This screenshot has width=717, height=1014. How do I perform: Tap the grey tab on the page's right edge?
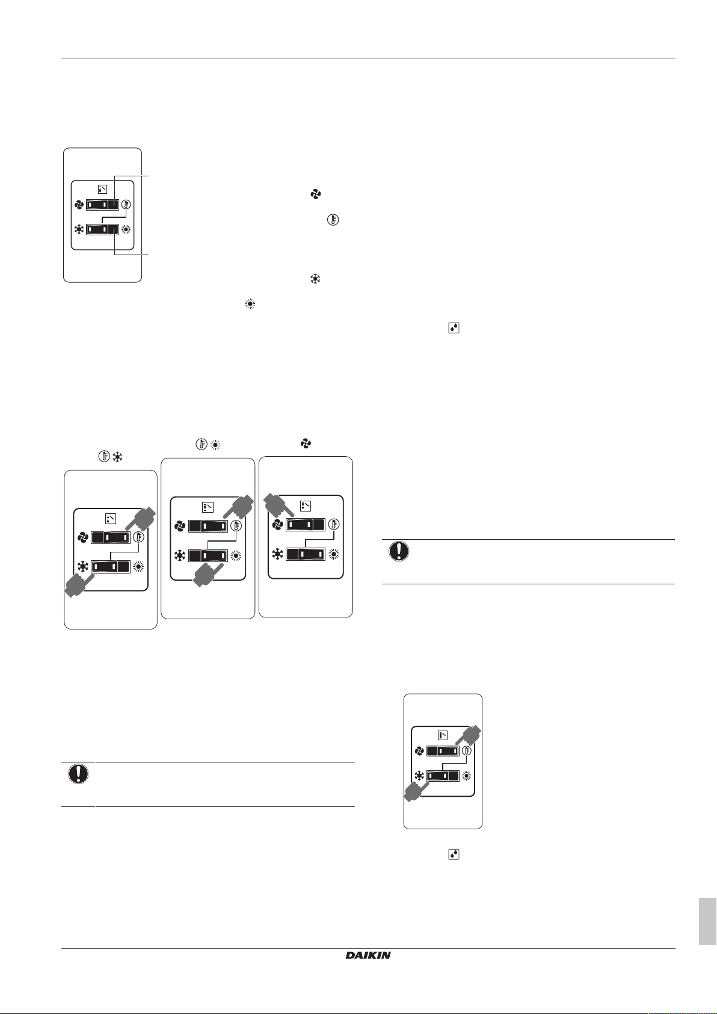point(707,922)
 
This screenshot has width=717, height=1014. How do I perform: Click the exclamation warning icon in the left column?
point(78,774)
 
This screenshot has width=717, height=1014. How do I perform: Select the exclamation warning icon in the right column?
point(399,551)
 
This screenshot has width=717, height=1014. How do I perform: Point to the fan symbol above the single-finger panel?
point(306,444)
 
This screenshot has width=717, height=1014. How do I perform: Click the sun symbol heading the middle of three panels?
point(215,445)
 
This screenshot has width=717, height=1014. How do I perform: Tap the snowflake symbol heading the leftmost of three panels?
point(118,457)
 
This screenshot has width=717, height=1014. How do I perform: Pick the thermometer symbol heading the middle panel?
point(202,445)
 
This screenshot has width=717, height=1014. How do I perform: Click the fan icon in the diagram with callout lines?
point(79,205)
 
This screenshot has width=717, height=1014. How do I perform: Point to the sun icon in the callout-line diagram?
point(126,229)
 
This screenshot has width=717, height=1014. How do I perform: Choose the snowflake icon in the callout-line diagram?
point(79,229)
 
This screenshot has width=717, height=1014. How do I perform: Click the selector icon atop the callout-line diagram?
point(103,189)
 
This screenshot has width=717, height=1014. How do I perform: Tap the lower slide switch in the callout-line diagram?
point(102,229)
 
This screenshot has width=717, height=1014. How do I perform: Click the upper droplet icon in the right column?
point(454,328)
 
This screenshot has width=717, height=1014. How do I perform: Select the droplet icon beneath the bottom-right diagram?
point(454,854)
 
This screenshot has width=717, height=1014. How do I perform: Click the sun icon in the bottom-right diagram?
point(466,776)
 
